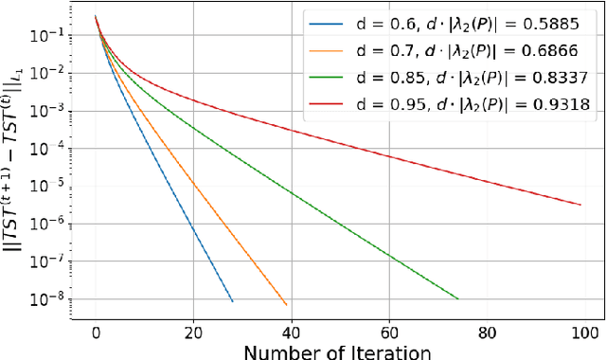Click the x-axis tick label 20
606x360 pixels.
point(193,333)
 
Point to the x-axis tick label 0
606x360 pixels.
point(96,333)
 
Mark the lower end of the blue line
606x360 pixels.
point(232,301)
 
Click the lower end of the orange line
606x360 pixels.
point(286,305)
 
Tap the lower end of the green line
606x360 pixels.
point(457,299)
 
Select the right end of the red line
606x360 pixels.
point(580,205)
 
